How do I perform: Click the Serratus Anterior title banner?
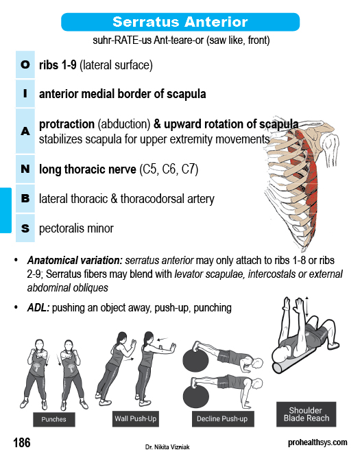click(180, 22)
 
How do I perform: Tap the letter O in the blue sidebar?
click(25, 64)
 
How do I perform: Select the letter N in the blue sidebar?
click(25, 169)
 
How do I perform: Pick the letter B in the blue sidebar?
click(25, 198)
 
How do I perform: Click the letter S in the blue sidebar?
click(25, 228)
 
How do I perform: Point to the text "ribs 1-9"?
click(58, 65)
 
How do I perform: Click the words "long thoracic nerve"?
click(88, 169)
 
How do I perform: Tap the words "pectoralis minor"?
click(76, 228)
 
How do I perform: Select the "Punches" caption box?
click(54, 419)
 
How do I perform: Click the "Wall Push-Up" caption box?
click(136, 418)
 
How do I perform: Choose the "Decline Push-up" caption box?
click(223, 419)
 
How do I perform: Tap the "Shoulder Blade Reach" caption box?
click(307, 414)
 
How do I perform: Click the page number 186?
click(22, 442)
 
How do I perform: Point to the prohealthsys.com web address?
click(317, 442)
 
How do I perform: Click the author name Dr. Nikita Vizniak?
click(167, 447)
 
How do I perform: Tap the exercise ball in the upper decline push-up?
click(195, 359)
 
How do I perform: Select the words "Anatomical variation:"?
click(75, 261)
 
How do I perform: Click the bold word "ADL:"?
click(38, 308)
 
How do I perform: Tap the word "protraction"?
click(67, 124)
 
